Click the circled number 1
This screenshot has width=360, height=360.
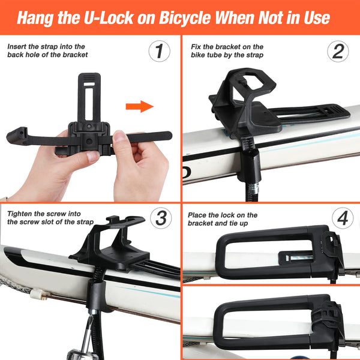(158, 52)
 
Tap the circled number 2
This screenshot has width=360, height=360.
(338, 52)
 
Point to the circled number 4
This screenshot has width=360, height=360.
(342, 218)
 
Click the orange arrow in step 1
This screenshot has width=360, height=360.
(139, 107)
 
